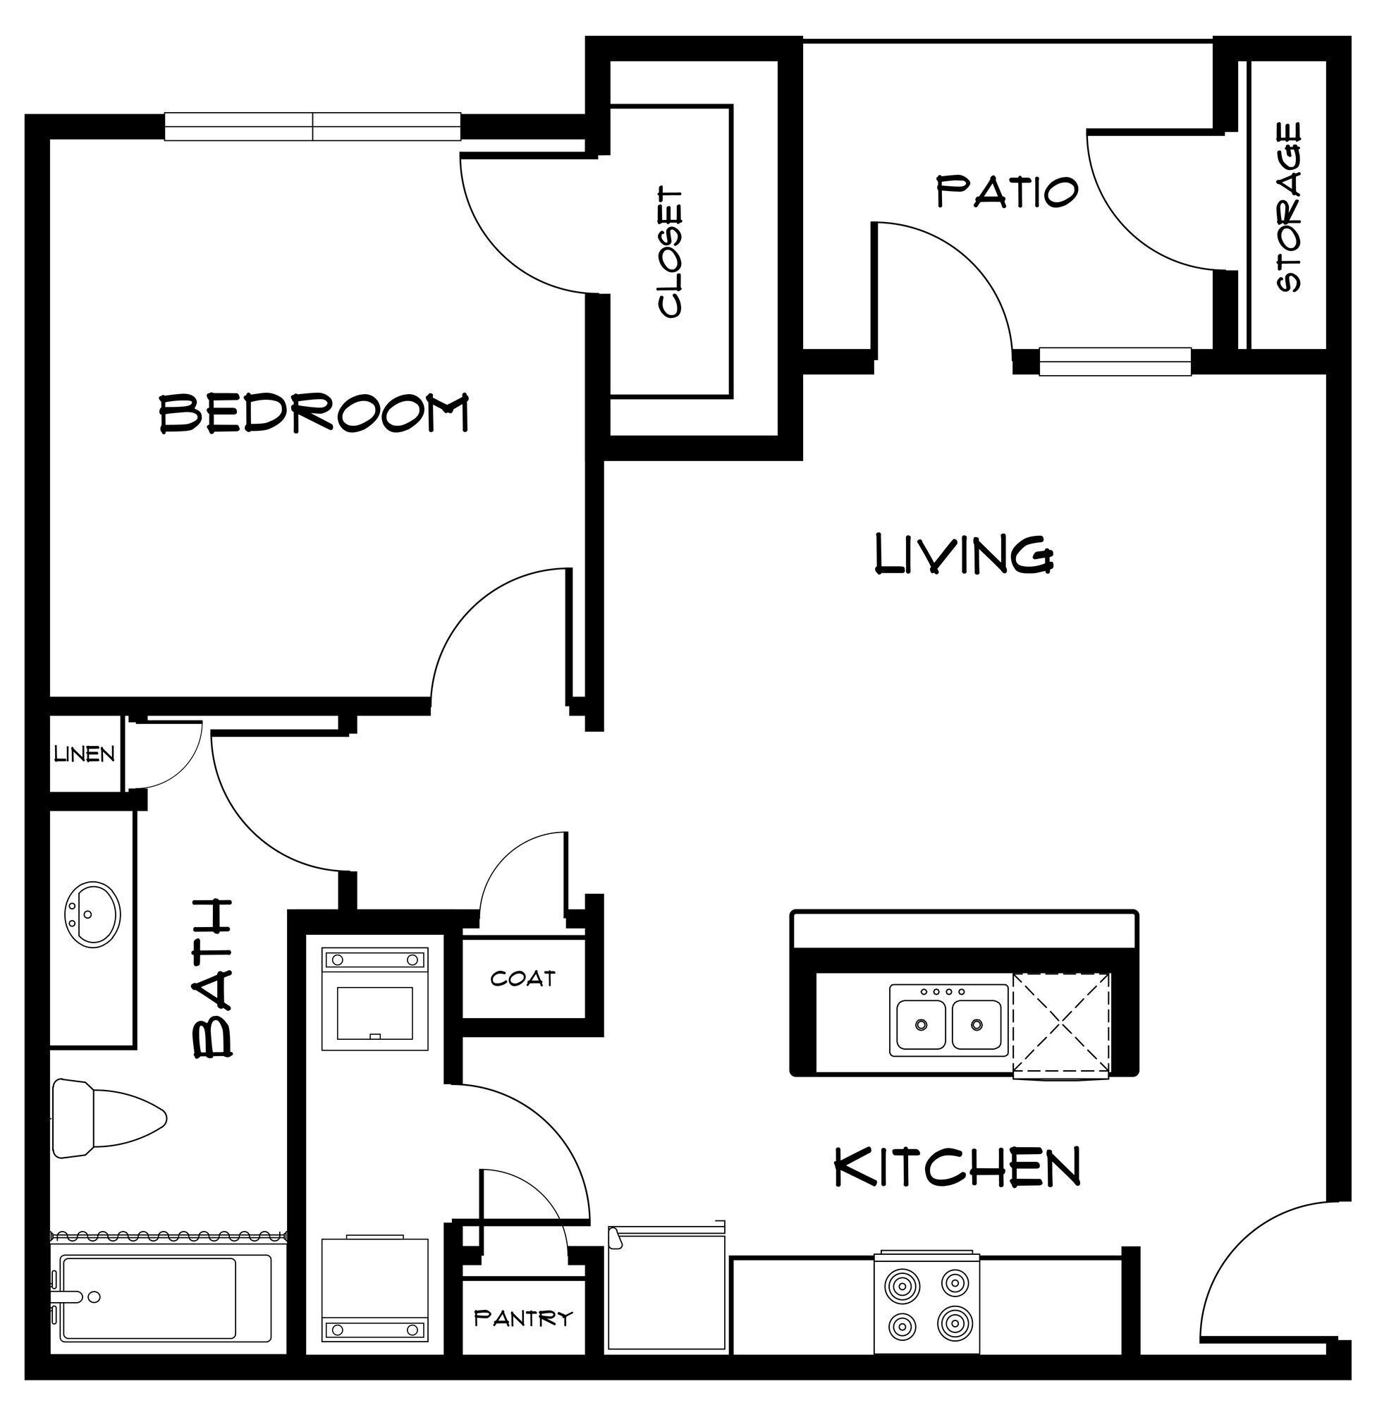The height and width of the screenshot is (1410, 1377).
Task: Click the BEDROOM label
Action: [x=314, y=413]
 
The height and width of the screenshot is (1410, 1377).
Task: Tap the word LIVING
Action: [x=963, y=555]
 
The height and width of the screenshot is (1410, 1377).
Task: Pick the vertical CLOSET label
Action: [x=671, y=253]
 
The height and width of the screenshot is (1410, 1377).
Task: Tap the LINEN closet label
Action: [x=85, y=755]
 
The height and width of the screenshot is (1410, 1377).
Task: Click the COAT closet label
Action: [x=523, y=979]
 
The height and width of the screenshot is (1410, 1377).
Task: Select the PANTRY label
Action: [x=523, y=1318]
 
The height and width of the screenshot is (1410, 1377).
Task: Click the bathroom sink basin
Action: [x=91, y=914]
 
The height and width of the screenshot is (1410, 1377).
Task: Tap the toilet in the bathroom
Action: [x=109, y=1119]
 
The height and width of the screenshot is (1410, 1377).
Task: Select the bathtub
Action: [x=161, y=1307]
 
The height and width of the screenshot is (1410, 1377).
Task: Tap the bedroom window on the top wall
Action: [x=312, y=126]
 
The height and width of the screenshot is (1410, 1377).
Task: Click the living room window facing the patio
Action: [x=1115, y=362]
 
